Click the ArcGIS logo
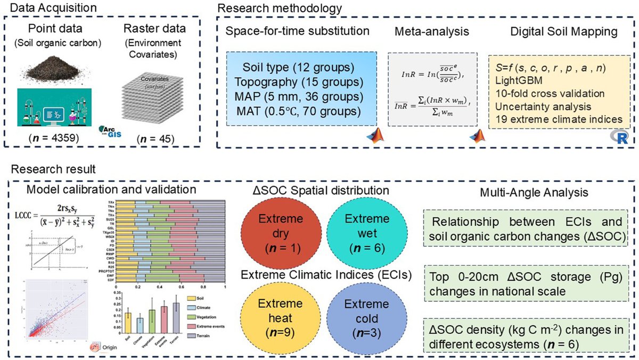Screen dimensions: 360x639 coord(109,132)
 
